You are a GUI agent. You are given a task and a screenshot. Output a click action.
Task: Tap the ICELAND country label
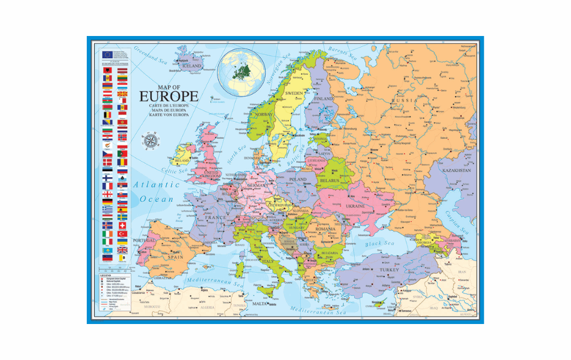tap(191, 66)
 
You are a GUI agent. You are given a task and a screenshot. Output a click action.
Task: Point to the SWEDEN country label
tap(294, 93)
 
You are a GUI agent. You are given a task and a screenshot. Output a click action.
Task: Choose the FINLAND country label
tap(324, 98)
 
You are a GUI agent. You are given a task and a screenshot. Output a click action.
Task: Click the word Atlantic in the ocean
tap(157, 185)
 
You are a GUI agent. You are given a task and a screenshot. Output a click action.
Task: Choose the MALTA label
tap(260, 304)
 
